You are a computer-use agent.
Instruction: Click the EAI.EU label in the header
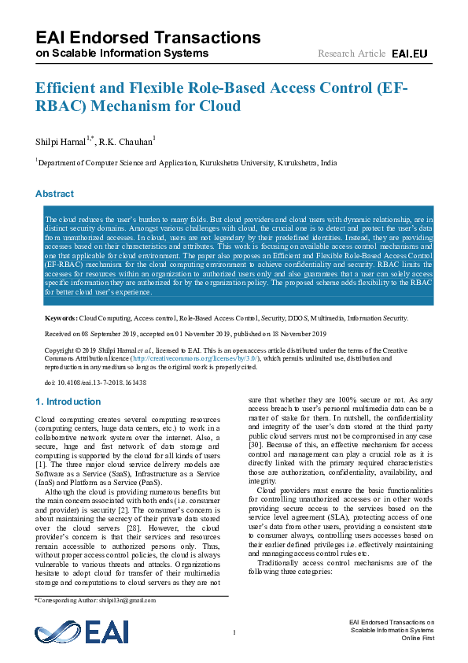tap(409, 54)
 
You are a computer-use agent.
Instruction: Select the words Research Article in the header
tap(352, 54)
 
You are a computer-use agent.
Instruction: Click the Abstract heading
tap(55, 194)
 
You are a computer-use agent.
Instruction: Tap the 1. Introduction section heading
tap(68, 402)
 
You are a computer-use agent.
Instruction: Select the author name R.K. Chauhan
tap(126, 142)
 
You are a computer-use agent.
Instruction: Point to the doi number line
tap(96, 383)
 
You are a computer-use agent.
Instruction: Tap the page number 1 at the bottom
tap(234, 633)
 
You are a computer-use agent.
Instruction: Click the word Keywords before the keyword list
tap(61, 319)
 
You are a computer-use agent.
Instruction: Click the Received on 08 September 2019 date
tap(98, 334)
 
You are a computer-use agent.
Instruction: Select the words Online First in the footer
tap(418, 639)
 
